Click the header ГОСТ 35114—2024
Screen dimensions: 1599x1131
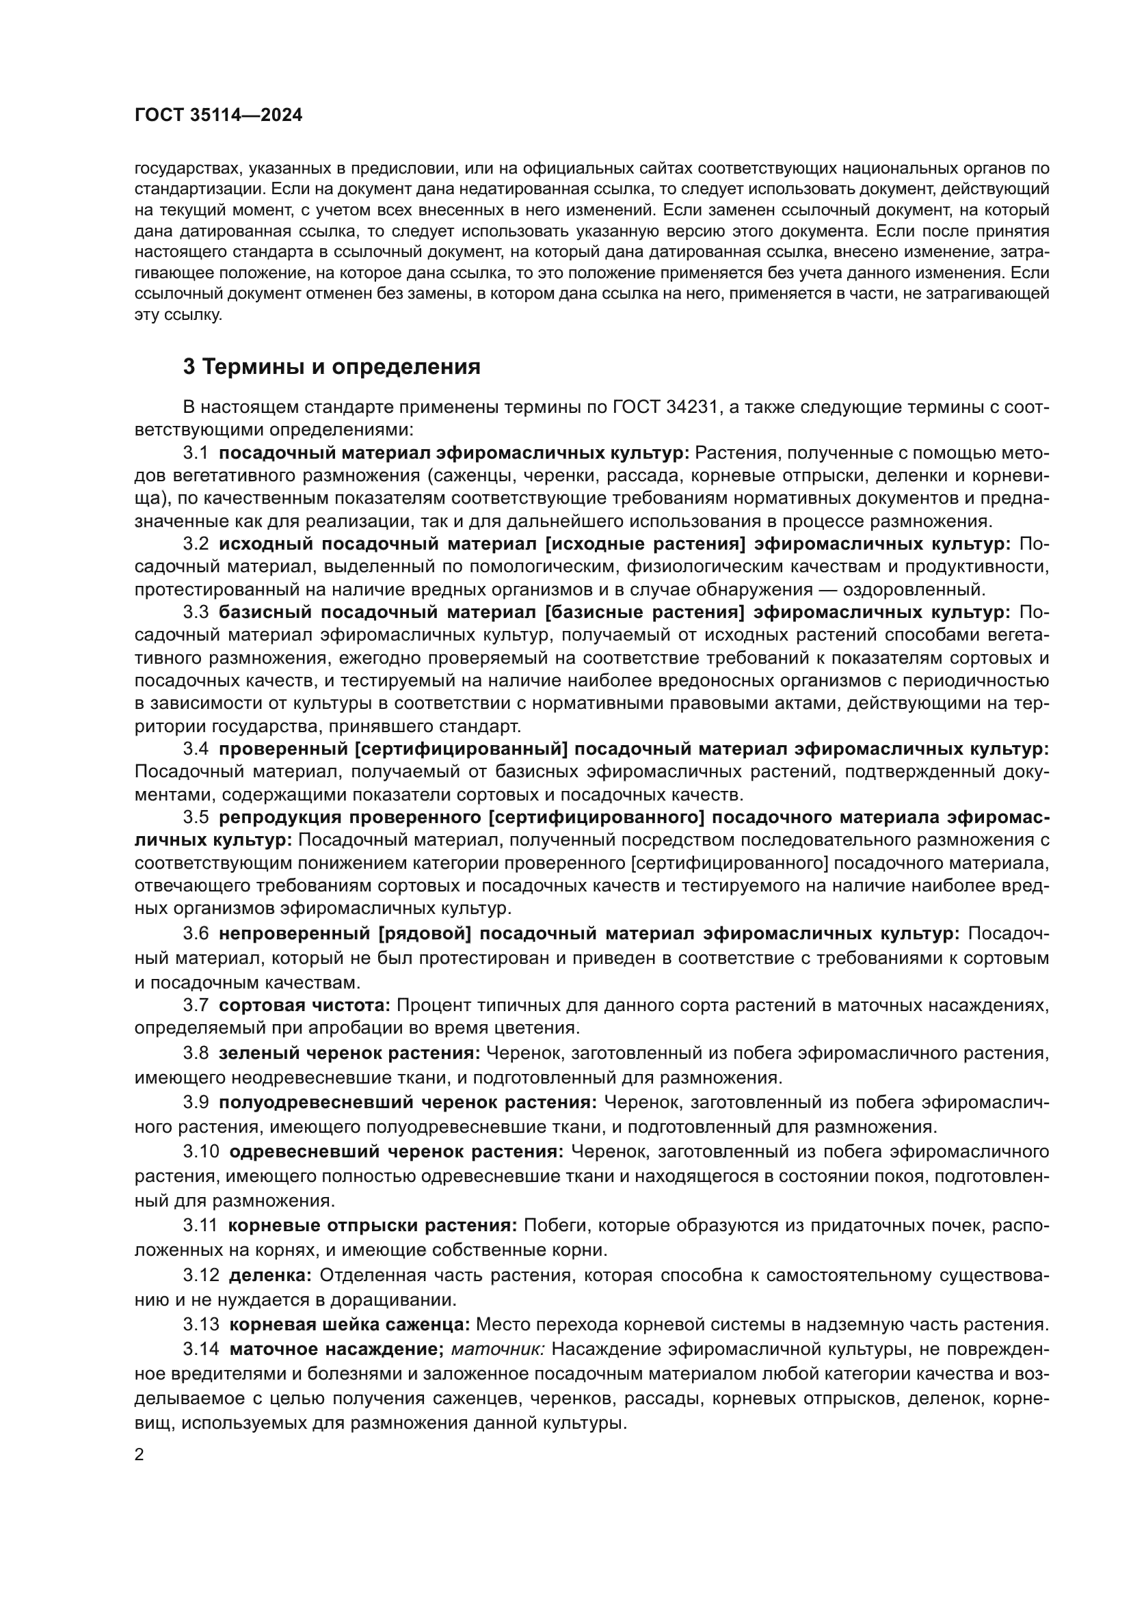click(x=218, y=116)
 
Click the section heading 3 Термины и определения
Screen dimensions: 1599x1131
click(x=332, y=367)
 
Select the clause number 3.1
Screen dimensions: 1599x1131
click(x=196, y=453)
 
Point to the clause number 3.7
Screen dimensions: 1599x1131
click(x=196, y=1005)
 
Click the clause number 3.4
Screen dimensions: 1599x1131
click(x=196, y=749)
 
